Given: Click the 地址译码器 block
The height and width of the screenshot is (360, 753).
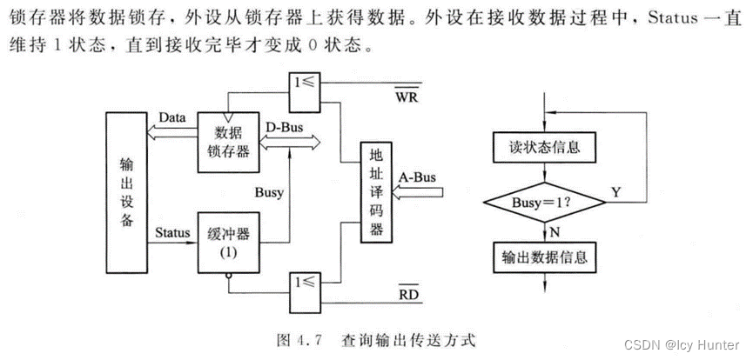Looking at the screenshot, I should pos(377,192).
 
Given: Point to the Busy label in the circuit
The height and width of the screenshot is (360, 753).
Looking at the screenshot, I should pos(268,193).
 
